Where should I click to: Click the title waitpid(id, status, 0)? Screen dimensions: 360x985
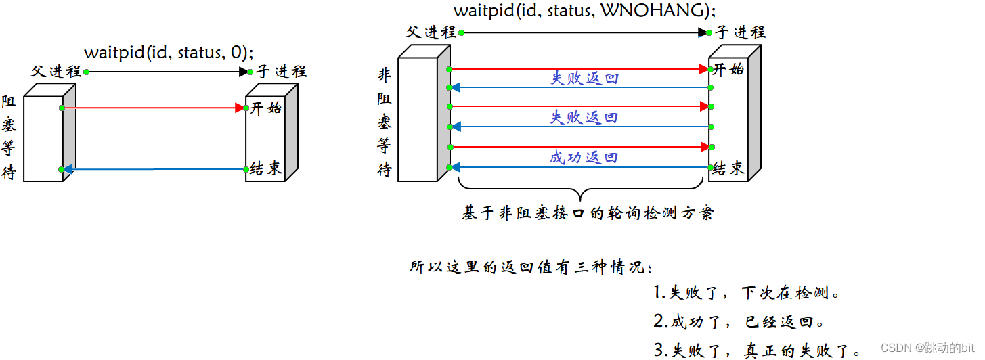(169, 53)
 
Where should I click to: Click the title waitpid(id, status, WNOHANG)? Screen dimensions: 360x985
(584, 11)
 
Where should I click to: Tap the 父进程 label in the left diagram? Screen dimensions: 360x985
(56, 72)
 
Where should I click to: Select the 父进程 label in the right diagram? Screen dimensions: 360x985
(431, 32)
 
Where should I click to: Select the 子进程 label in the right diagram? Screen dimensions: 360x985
(741, 32)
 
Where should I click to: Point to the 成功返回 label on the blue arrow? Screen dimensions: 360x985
(584, 158)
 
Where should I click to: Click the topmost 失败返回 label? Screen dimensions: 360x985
(584, 78)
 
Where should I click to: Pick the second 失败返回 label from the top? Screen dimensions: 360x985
(584, 117)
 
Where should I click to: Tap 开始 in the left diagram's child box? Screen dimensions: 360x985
(266, 108)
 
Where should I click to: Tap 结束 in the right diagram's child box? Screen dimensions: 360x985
(729, 169)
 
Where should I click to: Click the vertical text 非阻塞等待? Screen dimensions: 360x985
(384, 122)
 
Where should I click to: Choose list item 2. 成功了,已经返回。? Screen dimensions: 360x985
(739, 322)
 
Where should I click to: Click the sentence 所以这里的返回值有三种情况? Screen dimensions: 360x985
(531, 267)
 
